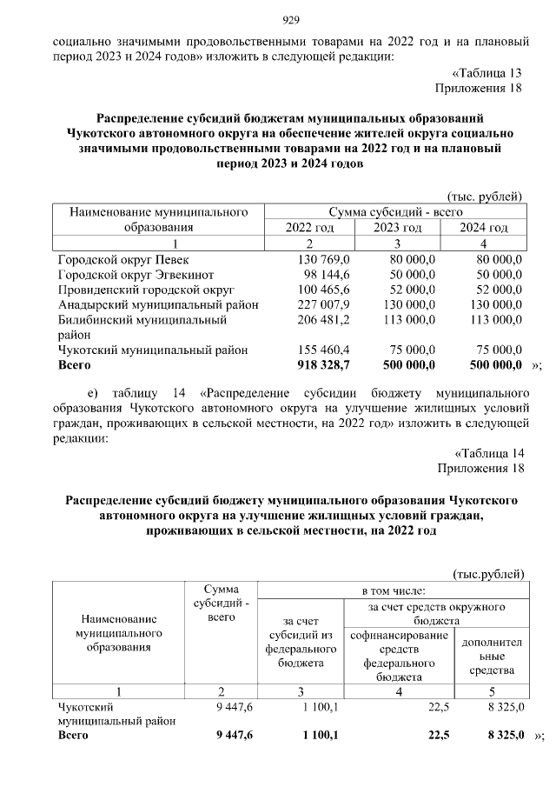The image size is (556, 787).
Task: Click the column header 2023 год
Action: (x=398, y=227)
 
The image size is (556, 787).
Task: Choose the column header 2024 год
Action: (x=483, y=227)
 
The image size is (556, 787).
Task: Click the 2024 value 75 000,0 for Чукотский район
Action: (x=492, y=350)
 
